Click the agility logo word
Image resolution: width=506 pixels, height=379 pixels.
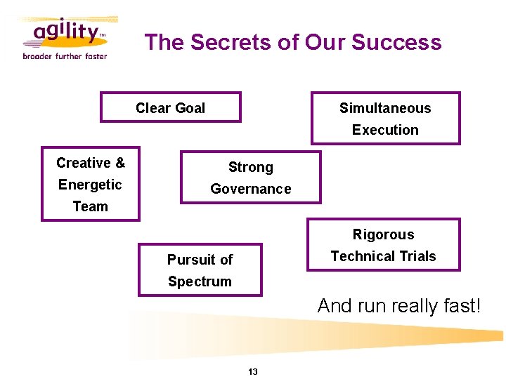63,32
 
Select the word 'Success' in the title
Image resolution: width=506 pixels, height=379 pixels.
396,42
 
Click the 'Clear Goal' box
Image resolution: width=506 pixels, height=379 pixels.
171,108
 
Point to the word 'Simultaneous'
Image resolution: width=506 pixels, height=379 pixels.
385,108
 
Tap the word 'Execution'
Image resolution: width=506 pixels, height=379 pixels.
385,130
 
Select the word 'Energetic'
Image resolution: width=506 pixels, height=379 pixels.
90,185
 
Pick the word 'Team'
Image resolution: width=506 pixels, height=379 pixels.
91,206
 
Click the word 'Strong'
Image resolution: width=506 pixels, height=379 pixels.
251,167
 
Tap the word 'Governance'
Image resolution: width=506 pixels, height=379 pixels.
251,189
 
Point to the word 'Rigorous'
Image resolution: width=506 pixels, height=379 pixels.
384,234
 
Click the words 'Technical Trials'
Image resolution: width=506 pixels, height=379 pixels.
384,256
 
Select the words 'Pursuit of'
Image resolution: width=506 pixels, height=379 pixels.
200,260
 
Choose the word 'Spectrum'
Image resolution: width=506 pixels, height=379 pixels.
200,281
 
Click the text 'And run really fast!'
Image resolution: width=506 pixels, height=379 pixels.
399,306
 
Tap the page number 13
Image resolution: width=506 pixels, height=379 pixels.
253,371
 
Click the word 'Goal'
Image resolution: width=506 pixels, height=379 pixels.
190,108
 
